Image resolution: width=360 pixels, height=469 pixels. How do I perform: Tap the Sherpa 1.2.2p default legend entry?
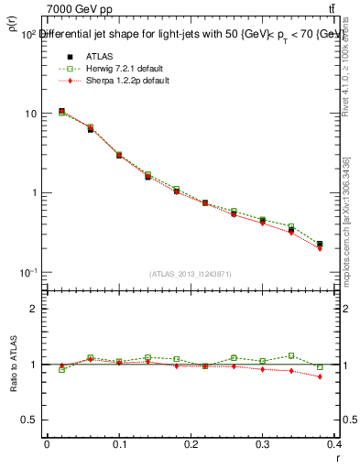pyautogui.click(x=115, y=81)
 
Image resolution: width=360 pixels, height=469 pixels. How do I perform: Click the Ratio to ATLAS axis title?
pyautogui.click(x=15, y=364)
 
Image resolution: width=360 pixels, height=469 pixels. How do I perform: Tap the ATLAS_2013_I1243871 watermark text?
pyautogui.click(x=190, y=274)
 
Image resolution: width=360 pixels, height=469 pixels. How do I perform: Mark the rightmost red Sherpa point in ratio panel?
pyautogui.click(x=320, y=376)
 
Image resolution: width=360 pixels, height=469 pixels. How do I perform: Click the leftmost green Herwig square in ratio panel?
pyautogui.click(x=61, y=369)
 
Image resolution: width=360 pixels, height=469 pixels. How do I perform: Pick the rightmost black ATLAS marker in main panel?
pyautogui.click(x=320, y=245)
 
